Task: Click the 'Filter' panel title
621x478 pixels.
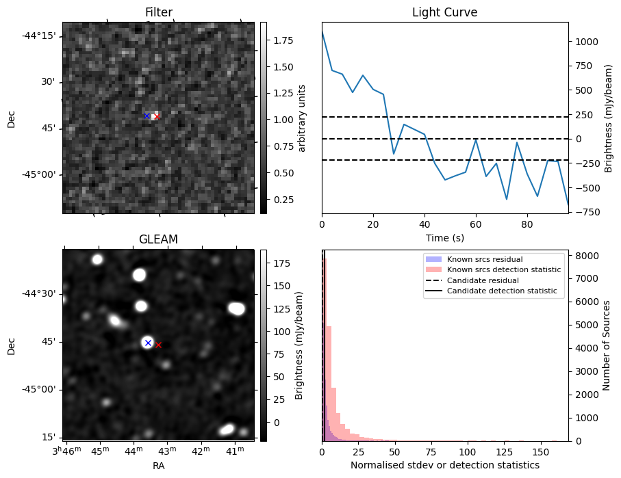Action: (x=158, y=13)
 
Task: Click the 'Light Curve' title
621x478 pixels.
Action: (x=444, y=13)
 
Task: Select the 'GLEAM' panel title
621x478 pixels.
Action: (x=158, y=239)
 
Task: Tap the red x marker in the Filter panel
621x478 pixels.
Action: (x=157, y=117)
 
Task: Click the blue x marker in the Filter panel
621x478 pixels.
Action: (x=147, y=116)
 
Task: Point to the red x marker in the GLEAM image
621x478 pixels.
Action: (x=158, y=345)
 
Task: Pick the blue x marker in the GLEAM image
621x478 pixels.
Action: (x=148, y=343)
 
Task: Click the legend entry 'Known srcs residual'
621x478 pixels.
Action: (x=484, y=260)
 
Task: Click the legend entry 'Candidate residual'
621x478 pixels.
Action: (x=483, y=281)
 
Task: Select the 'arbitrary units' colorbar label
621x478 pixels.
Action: (x=301, y=118)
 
